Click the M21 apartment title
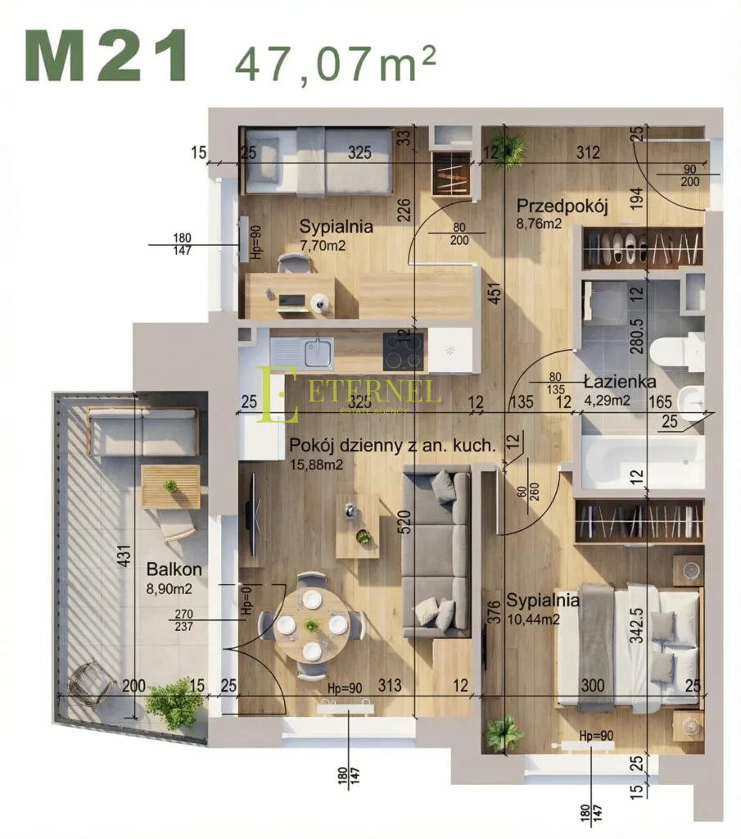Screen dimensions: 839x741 tap(106, 57)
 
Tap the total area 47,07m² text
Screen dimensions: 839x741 tap(336, 62)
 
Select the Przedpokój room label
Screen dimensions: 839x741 tap(562, 206)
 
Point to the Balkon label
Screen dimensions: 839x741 tap(174, 569)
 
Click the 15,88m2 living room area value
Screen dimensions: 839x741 tap(316, 465)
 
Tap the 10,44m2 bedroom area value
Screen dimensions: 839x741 tap(533, 619)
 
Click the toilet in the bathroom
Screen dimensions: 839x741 tap(675, 351)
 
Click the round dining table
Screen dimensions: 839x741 tap(311, 625)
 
